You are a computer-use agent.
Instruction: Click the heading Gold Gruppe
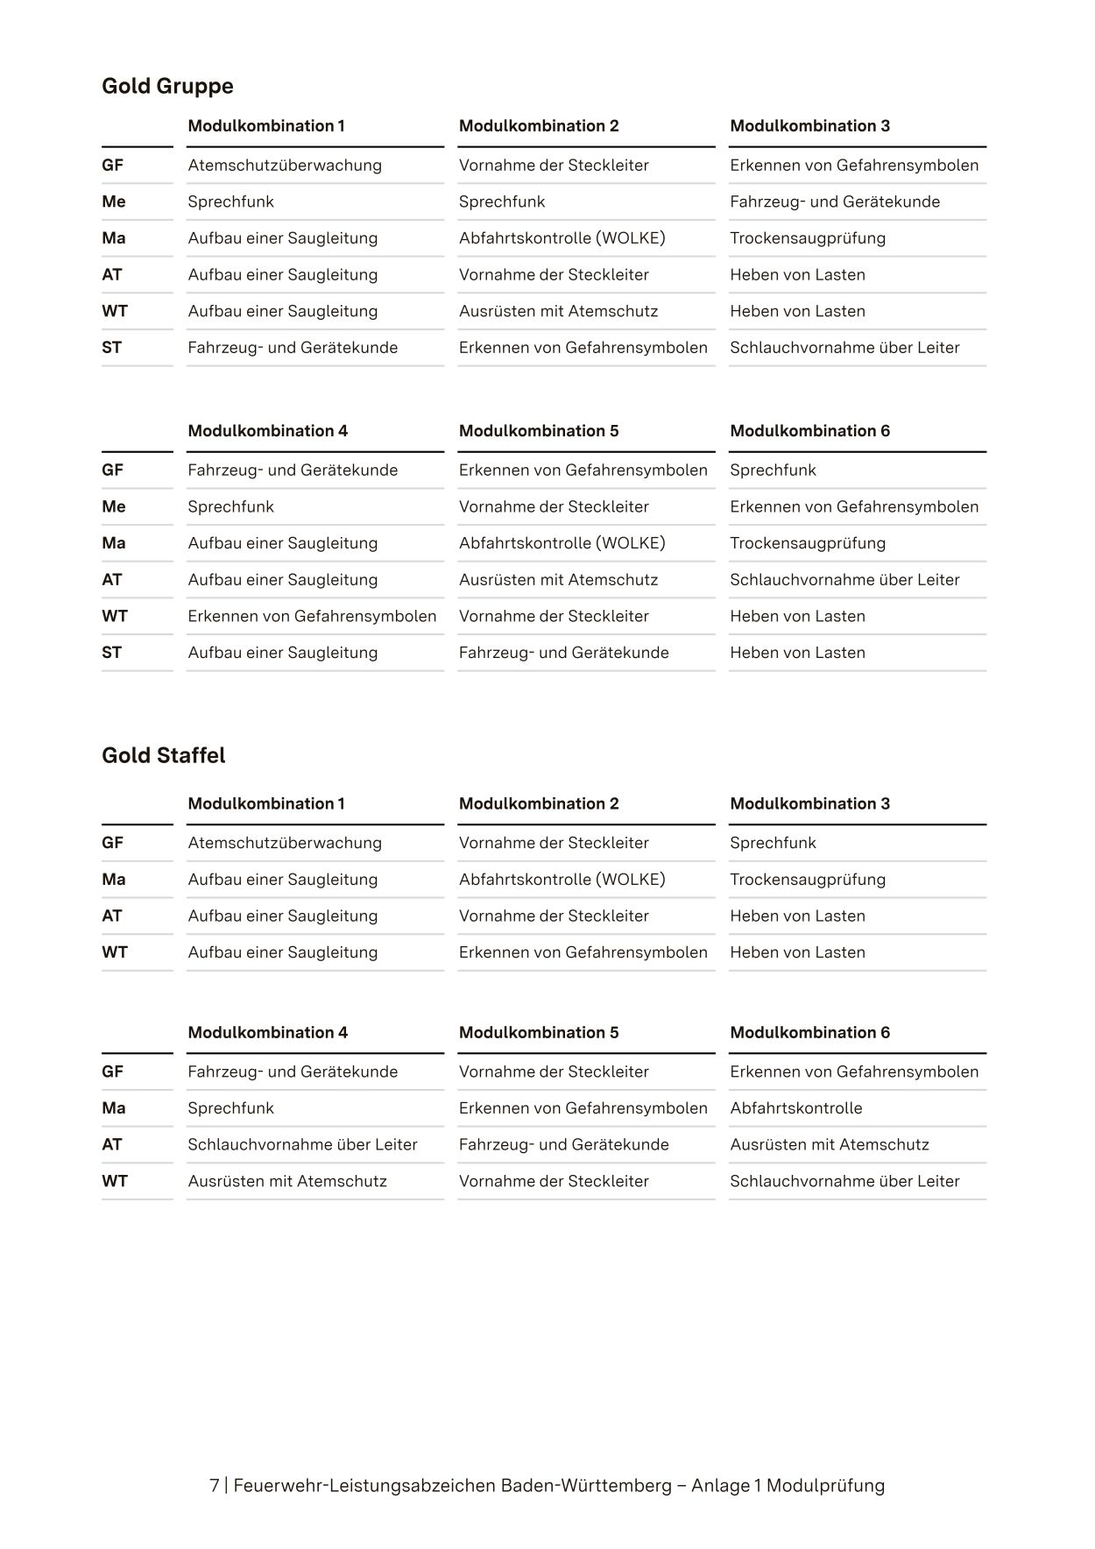click(167, 86)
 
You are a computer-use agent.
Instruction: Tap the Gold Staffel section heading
click(163, 755)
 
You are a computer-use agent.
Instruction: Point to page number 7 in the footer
click(215, 1485)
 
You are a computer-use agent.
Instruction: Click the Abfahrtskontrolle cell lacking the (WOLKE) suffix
click(795, 1108)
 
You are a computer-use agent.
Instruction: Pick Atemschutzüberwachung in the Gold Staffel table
click(285, 843)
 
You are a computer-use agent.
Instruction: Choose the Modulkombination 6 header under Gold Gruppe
click(809, 431)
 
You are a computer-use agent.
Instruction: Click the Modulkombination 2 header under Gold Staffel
click(539, 804)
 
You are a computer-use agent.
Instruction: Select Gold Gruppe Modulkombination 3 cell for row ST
click(844, 348)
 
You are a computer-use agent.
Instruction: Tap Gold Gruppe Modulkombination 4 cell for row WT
click(312, 616)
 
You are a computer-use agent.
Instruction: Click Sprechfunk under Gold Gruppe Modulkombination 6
click(773, 470)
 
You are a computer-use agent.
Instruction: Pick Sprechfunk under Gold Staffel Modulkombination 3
click(773, 843)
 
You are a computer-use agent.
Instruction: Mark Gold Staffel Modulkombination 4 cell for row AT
click(302, 1145)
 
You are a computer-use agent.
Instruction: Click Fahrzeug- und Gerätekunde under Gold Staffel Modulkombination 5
click(563, 1145)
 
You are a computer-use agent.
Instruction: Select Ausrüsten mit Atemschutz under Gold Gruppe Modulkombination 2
click(558, 311)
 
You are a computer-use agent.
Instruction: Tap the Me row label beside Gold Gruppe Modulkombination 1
click(114, 202)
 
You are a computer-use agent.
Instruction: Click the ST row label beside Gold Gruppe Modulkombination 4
click(111, 653)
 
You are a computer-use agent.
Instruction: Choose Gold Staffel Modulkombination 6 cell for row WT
click(844, 1181)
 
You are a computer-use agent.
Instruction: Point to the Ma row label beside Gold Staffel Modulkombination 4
click(114, 1108)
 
